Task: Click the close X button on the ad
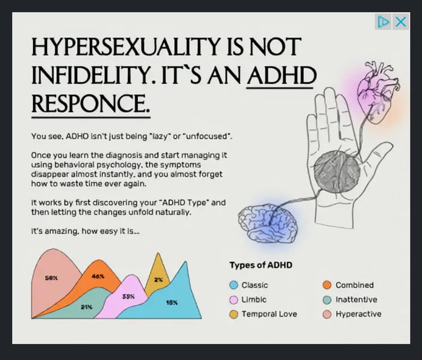(400, 22)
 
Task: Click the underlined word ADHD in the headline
(282, 77)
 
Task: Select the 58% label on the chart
(51, 278)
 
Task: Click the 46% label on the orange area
(98, 276)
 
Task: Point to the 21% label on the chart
(87, 307)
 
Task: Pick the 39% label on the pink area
(128, 297)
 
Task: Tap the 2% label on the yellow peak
(158, 280)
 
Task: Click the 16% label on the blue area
(171, 302)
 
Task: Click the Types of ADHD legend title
(260, 265)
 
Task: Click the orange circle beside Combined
(327, 285)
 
